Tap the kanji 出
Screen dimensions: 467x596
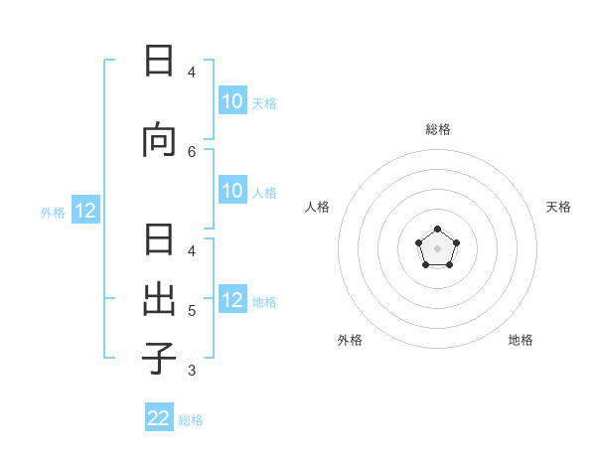point(159,300)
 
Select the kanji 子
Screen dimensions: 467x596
point(159,359)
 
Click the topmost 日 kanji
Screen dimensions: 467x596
point(159,61)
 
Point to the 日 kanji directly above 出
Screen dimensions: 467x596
point(159,241)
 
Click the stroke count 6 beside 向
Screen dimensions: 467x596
point(192,151)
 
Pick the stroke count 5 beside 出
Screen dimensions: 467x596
point(192,311)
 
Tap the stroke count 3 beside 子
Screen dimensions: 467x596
point(192,371)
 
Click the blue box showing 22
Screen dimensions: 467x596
point(159,418)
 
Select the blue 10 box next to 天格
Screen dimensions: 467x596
point(232,101)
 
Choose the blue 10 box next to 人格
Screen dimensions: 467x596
point(232,192)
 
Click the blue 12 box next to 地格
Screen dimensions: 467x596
point(232,301)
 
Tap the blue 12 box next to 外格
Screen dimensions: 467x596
point(85,211)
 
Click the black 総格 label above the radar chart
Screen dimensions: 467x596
point(438,129)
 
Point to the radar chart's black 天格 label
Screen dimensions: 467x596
point(558,207)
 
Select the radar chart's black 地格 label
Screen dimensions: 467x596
point(521,340)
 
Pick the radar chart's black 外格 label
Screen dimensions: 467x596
point(350,340)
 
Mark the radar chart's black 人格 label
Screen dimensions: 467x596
point(317,207)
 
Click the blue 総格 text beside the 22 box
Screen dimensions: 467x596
point(191,420)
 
